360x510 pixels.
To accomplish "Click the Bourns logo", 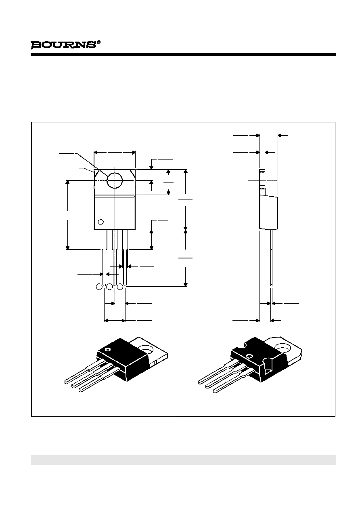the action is click(63, 45).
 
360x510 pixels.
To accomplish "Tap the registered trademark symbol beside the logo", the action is click(99, 42).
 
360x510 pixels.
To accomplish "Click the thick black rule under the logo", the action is click(183, 55).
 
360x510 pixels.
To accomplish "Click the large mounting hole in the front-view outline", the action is click(115, 180).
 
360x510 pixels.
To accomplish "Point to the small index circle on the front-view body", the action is click(101, 222).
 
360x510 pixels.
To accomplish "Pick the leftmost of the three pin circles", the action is click(99, 287).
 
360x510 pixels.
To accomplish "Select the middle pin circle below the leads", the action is click(110, 287).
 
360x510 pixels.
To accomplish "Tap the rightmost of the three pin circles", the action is click(120, 287).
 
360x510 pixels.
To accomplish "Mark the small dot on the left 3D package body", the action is click(107, 349).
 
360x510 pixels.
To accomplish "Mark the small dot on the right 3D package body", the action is click(250, 356).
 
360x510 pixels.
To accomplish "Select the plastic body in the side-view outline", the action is click(269, 212).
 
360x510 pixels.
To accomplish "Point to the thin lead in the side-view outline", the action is click(271, 258).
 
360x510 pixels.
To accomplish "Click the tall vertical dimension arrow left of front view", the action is click(67, 215).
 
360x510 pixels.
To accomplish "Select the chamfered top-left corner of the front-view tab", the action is click(97, 173).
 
